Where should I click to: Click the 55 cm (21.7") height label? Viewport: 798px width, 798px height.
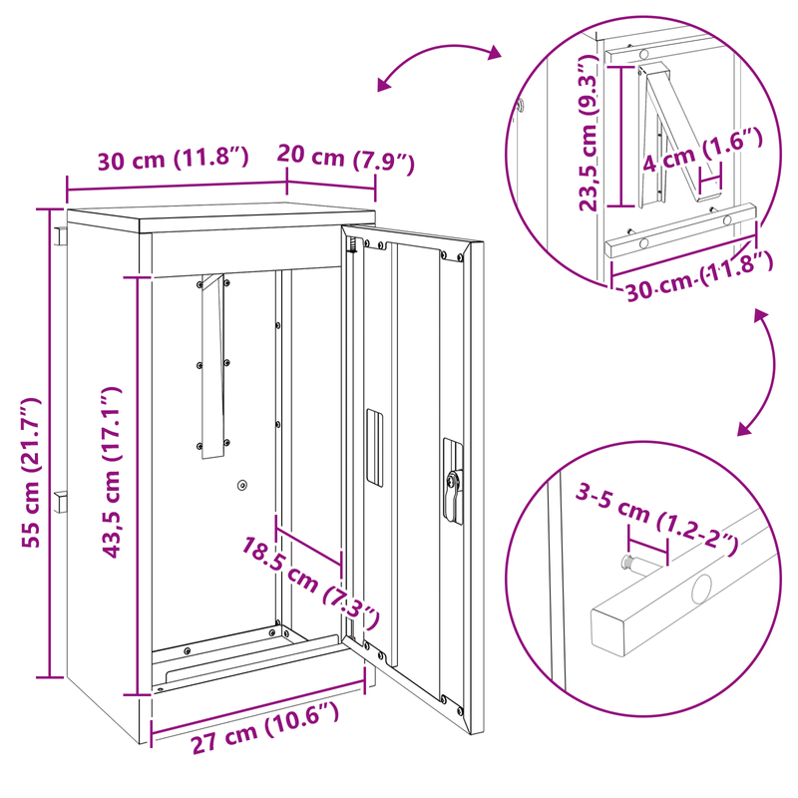point(31,473)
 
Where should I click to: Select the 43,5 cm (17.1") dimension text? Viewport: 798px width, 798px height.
point(112,472)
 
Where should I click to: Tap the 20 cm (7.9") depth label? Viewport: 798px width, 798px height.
point(345,159)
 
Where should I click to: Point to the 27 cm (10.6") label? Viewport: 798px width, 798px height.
point(264,727)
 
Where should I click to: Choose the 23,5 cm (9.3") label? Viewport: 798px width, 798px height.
point(590,134)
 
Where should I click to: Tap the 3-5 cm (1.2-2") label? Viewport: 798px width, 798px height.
point(656,519)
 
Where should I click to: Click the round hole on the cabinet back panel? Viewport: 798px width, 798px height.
point(242,485)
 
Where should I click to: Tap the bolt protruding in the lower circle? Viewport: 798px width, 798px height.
point(634,563)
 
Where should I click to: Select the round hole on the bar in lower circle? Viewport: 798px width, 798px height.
point(702,589)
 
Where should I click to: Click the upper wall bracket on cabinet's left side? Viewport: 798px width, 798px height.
point(61,235)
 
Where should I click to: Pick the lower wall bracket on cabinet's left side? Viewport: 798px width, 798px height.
point(61,502)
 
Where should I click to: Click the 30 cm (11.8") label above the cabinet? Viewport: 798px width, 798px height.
point(173,159)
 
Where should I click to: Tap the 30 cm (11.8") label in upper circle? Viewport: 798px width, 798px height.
point(699,277)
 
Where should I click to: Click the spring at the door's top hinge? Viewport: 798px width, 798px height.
point(352,245)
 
